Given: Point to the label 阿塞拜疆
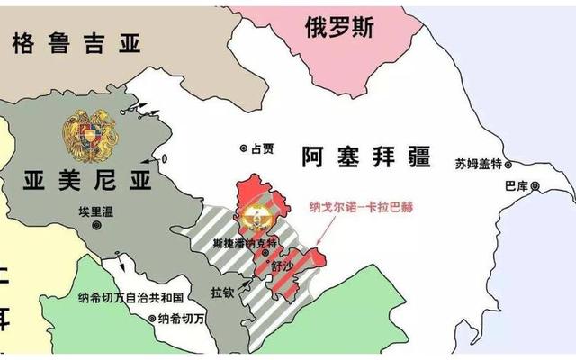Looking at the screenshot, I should click(368, 158).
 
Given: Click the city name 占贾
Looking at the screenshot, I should click(262, 148).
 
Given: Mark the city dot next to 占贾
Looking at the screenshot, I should click(243, 148).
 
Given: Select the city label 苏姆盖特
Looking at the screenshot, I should click(477, 165).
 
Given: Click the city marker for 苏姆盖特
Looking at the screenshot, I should click(508, 165).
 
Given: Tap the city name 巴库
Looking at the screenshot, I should click(517, 186).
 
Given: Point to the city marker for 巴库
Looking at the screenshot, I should click(535, 186).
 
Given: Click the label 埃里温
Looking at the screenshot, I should click(96, 213).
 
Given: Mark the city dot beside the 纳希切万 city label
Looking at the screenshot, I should click(151, 318).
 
